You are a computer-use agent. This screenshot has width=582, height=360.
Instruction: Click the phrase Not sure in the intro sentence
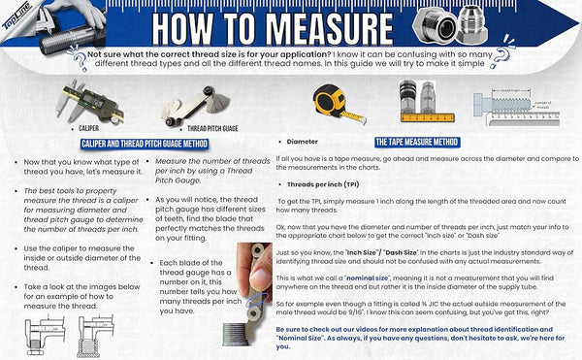pos(103,55)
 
